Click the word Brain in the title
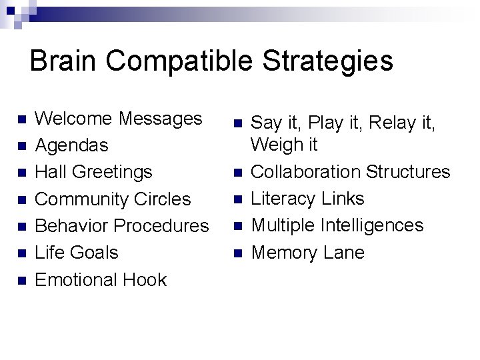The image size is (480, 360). (63, 61)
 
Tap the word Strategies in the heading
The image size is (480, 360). (327, 61)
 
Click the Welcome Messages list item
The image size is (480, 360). (118, 119)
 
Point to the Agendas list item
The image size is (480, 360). (71, 145)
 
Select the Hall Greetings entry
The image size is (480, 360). (93, 172)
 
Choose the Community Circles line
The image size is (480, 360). (113, 199)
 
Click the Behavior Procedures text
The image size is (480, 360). (121, 225)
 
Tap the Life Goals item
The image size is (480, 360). (76, 253)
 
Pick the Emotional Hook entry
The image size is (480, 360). (100, 279)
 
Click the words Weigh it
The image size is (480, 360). (284, 145)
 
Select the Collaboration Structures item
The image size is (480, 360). (350, 171)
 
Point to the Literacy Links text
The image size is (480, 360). (307, 198)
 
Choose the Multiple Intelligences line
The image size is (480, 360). (337, 225)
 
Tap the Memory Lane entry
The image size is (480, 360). (307, 253)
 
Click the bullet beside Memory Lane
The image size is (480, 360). (237, 253)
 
